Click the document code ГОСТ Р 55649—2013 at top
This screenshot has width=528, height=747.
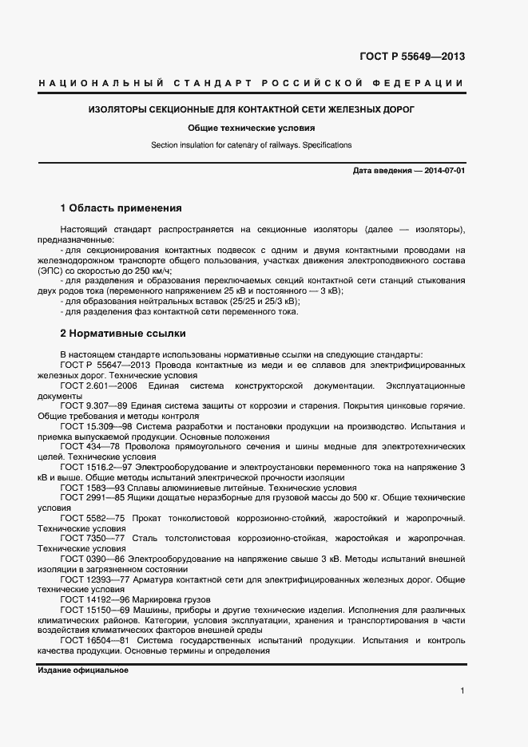click(x=413, y=57)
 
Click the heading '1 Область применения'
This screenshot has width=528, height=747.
click(x=121, y=208)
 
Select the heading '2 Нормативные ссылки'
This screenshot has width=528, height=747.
click(x=122, y=332)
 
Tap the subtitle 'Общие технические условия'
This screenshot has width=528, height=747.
click(x=252, y=128)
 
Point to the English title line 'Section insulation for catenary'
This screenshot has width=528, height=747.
click(x=252, y=145)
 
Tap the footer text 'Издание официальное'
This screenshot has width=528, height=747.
click(x=83, y=670)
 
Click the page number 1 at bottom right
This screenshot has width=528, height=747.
click(x=462, y=692)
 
